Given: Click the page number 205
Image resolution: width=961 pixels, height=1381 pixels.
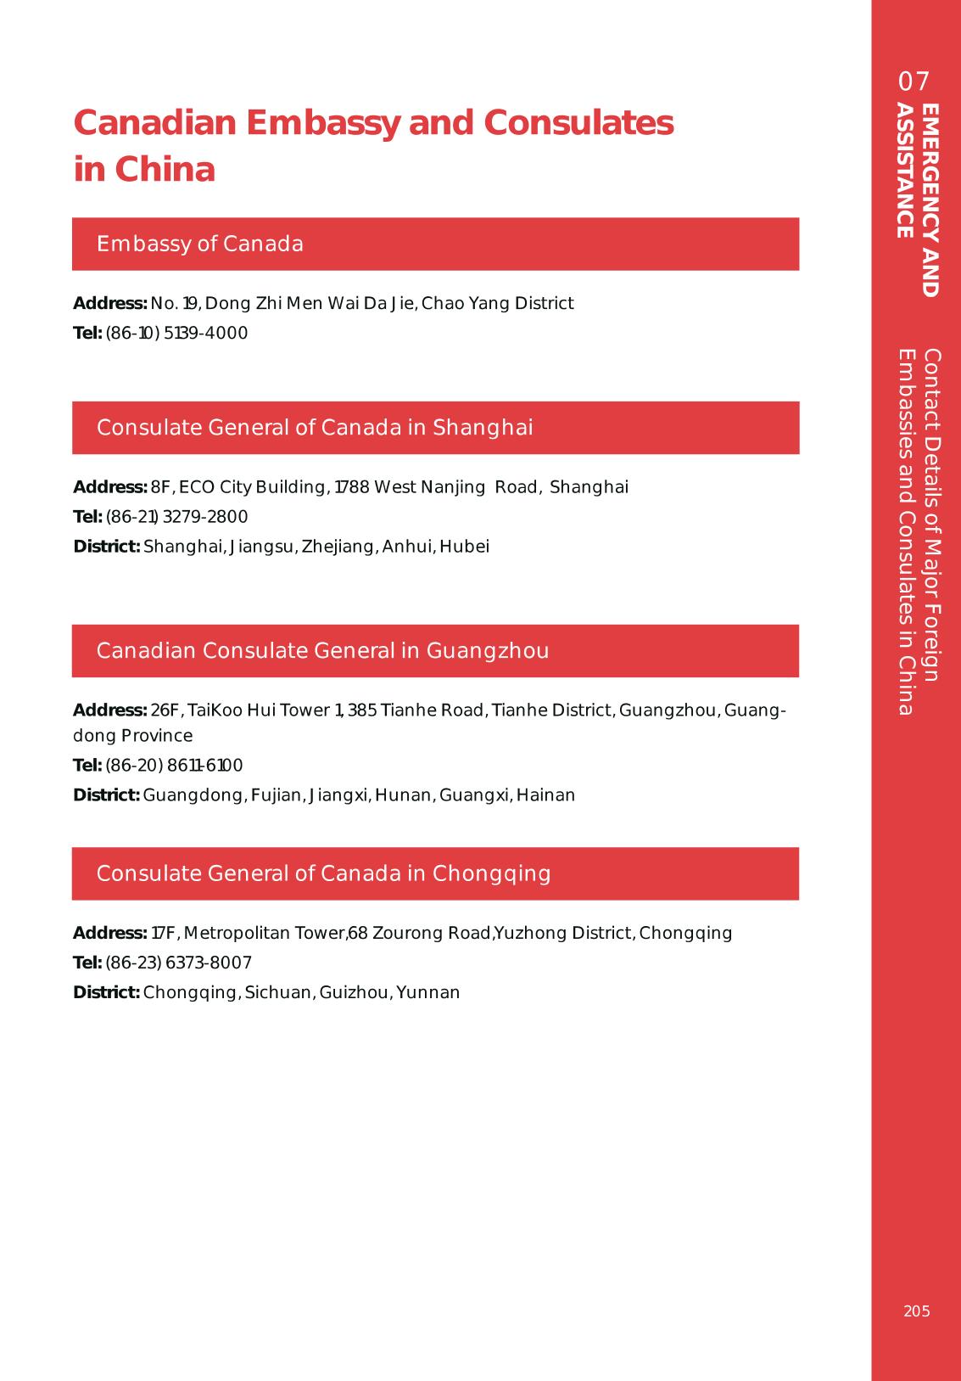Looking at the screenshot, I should click(916, 1311).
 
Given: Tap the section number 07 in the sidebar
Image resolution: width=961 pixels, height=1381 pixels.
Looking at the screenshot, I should click(914, 82).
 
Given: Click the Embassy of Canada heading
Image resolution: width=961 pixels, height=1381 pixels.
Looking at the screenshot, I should click(200, 244).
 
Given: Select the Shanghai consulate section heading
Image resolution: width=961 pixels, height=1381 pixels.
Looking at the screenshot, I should click(315, 428).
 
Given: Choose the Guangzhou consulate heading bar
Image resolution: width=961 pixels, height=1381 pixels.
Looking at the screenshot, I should click(322, 651).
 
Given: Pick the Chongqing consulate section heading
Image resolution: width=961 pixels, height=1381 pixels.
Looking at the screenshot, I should click(323, 873).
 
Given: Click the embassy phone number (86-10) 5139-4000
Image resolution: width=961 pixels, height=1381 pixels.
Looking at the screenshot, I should click(176, 333).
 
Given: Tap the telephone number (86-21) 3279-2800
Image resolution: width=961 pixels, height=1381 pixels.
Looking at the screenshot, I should click(176, 517).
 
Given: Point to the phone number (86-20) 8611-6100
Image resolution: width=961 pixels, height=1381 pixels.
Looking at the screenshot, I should click(174, 766).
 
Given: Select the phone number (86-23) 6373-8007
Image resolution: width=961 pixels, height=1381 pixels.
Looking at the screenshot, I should click(178, 963).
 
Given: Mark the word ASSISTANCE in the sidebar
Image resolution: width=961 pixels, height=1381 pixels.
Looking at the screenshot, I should click(905, 171).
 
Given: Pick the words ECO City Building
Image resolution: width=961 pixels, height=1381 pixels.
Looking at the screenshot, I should click(252, 487).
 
